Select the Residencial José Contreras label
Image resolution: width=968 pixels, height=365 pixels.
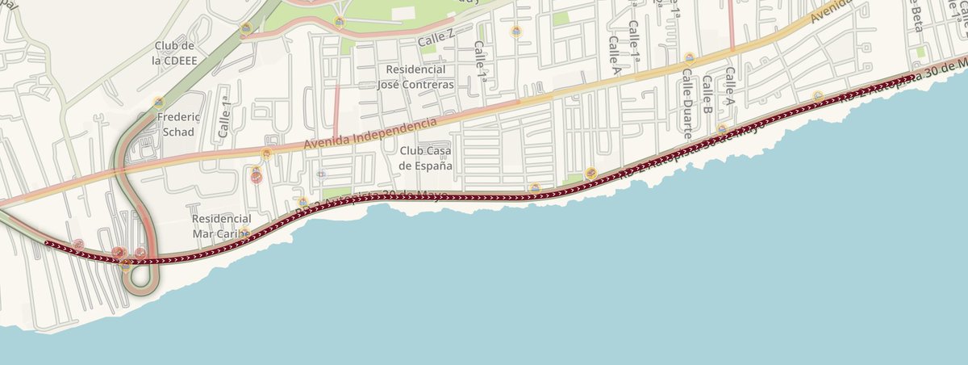point(415,77)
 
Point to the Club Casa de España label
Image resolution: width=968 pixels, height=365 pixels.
point(426,157)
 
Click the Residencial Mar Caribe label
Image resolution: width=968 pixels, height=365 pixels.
point(222,225)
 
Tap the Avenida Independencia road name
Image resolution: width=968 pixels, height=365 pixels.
point(372,133)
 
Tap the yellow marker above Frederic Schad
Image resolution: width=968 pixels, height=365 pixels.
point(159,103)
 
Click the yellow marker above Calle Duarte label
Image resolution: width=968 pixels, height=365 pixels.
point(690,57)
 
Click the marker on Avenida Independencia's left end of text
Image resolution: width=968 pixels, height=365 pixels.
point(266,153)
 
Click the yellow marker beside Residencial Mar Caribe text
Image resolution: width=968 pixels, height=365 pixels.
point(244,233)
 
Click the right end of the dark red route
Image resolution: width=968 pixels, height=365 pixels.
point(914,76)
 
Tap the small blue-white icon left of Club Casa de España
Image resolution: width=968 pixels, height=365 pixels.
point(321,174)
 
